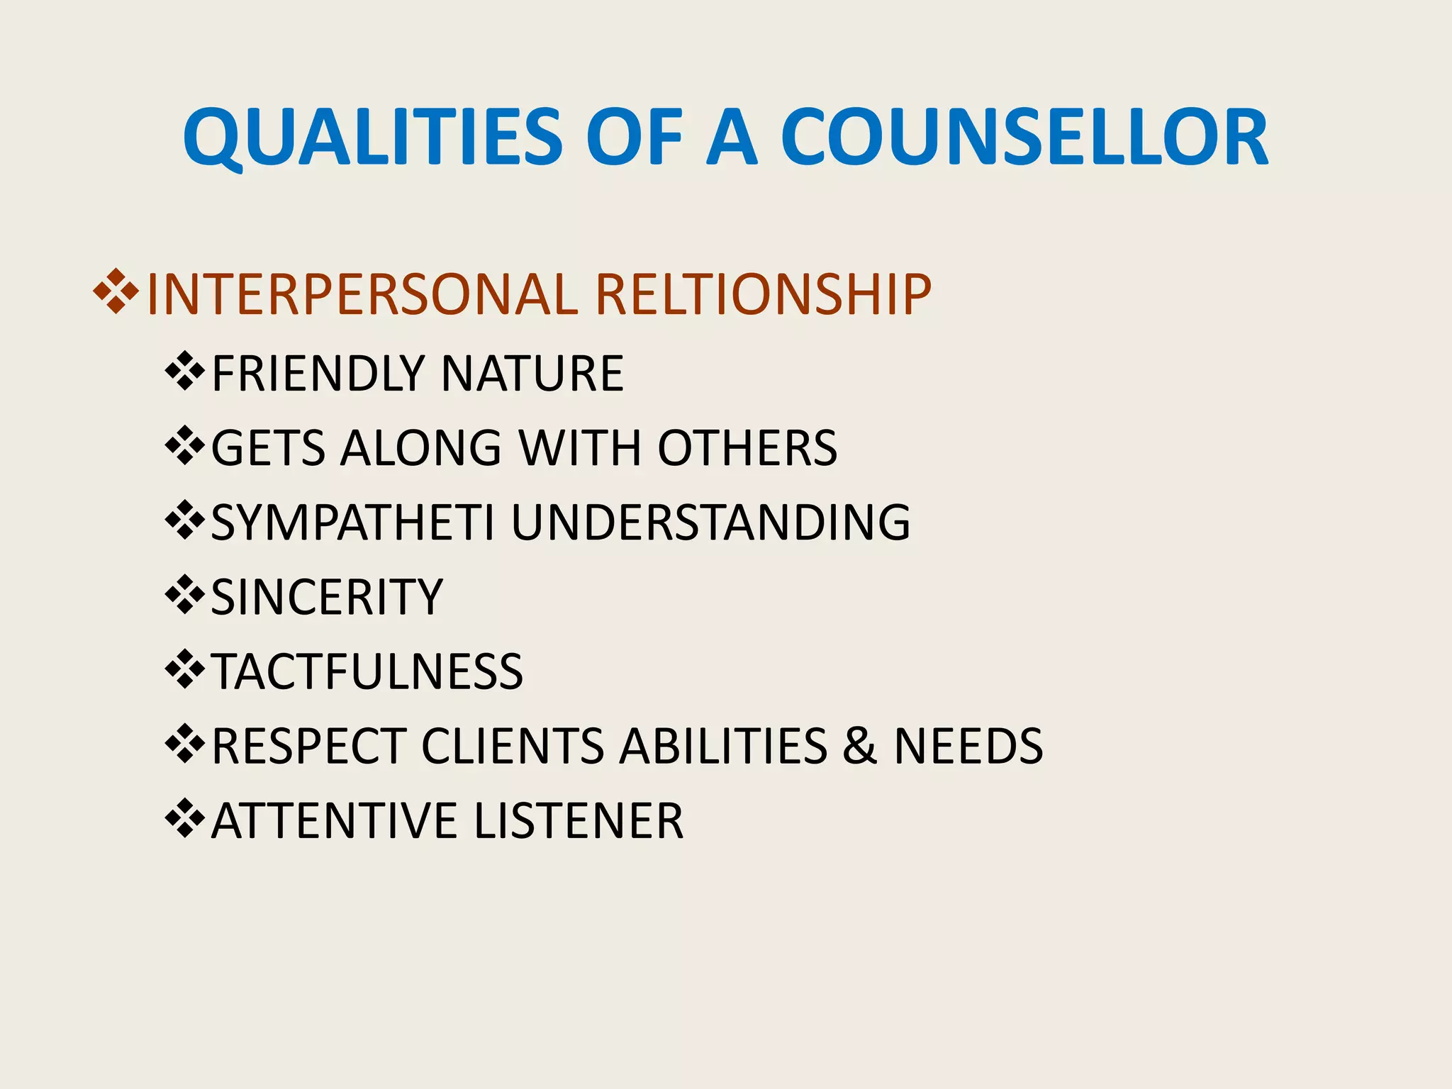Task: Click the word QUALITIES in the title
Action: (x=373, y=138)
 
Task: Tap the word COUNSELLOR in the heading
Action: (x=1024, y=138)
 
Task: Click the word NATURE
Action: (x=532, y=374)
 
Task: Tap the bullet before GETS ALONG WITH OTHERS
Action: (x=184, y=446)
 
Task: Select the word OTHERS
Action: (x=747, y=448)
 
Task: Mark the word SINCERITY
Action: (x=327, y=597)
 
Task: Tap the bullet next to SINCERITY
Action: (x=184, y=595)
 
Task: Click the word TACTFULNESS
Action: (x=367, y=671)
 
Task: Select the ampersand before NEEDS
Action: (x=859, y=746)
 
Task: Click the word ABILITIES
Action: (x=723, y=746)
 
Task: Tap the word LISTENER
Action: (x=579, y=821)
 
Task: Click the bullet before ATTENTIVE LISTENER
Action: (x=184, y=818)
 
